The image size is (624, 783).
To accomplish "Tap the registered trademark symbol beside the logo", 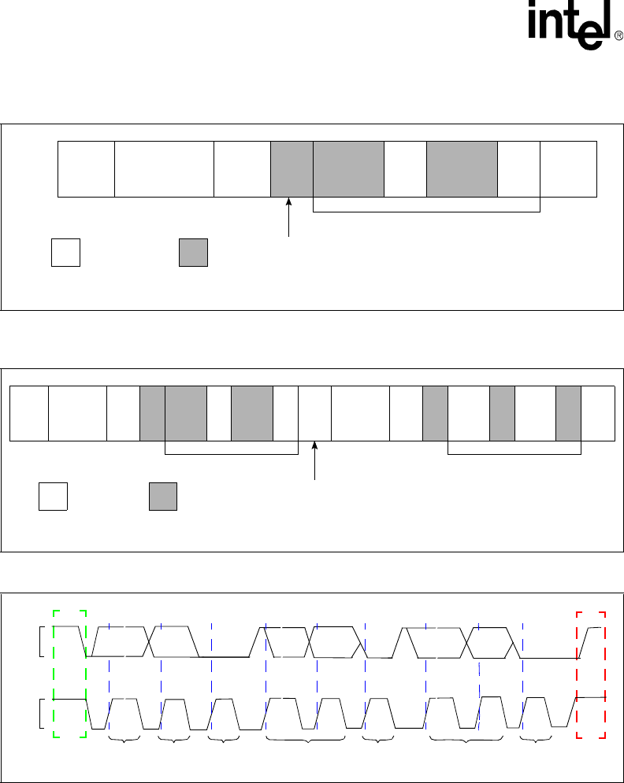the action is (618, 35).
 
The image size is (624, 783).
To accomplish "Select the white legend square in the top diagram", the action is (65, 252).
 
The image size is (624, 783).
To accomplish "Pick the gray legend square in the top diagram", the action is (193, 252).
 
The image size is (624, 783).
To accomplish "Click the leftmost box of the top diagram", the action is (87, 168).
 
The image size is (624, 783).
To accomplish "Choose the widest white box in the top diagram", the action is (165, 168).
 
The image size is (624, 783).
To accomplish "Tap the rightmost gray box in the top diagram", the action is (462, 168).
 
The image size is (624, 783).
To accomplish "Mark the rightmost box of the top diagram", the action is (568, 168).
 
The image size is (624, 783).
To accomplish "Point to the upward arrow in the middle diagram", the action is (315, 460).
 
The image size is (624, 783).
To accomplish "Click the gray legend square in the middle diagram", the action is (163, 497).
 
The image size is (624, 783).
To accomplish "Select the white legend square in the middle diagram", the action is (53, 497).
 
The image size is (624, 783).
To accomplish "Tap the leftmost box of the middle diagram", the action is (28, 413).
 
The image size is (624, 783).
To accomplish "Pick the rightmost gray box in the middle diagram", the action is (568, 413).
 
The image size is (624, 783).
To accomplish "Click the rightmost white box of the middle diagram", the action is (598, 413).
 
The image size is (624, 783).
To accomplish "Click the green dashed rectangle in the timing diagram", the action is (69, 674).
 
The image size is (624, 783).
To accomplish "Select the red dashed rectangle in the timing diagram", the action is (591, 674).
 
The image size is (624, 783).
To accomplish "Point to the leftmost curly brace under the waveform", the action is (124, 739).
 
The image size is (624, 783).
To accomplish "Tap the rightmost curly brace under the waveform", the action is (537, 740).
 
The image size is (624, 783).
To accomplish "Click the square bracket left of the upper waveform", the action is (40, 641).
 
